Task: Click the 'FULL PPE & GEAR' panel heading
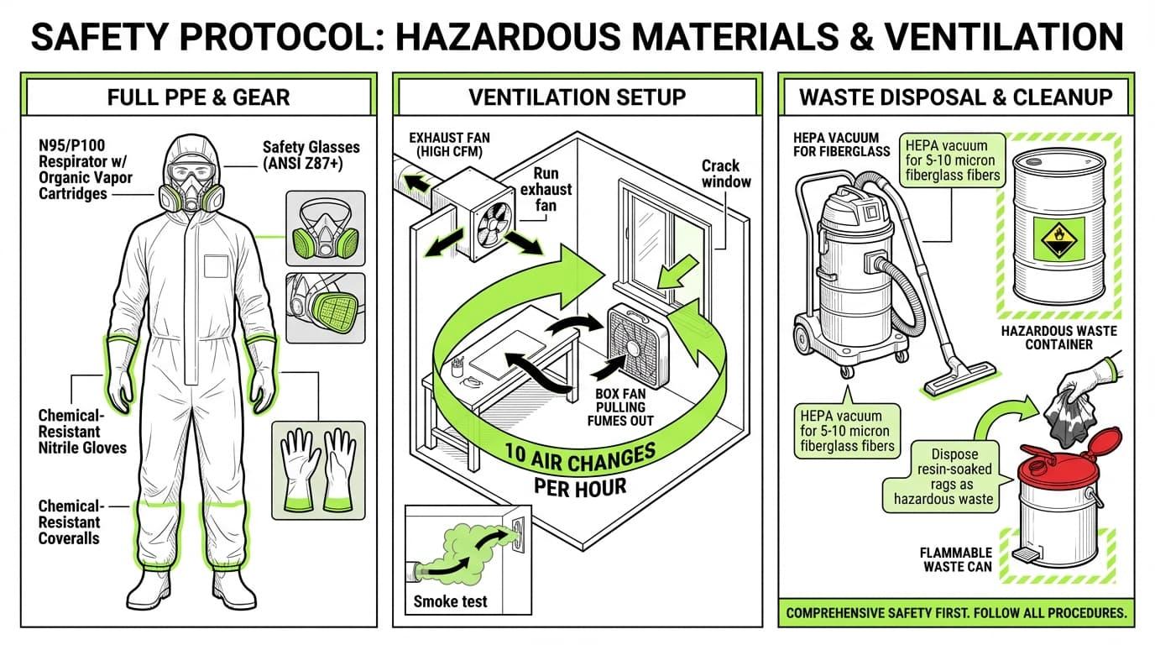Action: pyautogui.click(x=198, y=97)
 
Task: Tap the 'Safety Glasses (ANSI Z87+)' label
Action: pyautogui.click(x=311, y=155)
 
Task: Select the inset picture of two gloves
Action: pyautogui.click(x=318, y=470)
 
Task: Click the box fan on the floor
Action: pyautogui.click(x=638, y=345)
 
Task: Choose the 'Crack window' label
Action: pyautogui.click(x=726, y=173)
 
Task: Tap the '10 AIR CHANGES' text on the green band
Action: pyautogui.click(x=580, y=457)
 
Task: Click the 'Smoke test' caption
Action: pyautogui.click(x=450, y=601)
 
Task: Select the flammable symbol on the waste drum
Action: pyautogui.click(x=1058, y=239)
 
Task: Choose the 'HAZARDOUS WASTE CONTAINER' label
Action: pyautogui.click(x=1059, y=338)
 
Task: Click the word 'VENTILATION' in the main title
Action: pyautogui.click(x=1003, y=36)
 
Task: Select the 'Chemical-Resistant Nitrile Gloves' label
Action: pyautogui.click(x=82, y=432)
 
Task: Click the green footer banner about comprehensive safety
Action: pyautogui.click(x=956, y=613)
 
